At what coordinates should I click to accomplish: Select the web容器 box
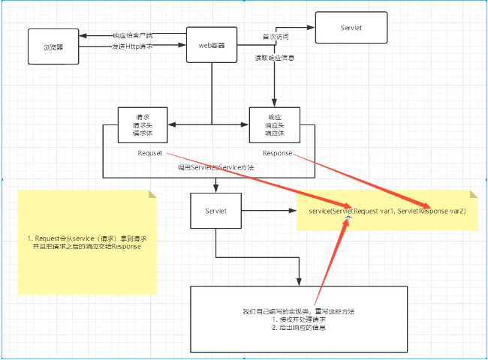[x=212, y=45]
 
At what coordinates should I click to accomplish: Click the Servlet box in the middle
[x=215, y=211]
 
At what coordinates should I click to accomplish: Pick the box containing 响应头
[x=274, y=126]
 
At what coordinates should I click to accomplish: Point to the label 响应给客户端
[x=133, y=35]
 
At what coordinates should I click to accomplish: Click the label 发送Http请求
[x=133, y=47]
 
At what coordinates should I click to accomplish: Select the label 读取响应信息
[x=274, y=58]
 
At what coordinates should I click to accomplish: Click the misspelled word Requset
[x=149, y=153]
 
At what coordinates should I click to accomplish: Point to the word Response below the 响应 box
[x=277, y=153]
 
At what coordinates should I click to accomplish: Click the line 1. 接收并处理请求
[x=298, y=319]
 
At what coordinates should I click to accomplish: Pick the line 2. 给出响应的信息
[x=298, y=328]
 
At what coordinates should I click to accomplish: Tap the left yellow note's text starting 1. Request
[x=87, y=241]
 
